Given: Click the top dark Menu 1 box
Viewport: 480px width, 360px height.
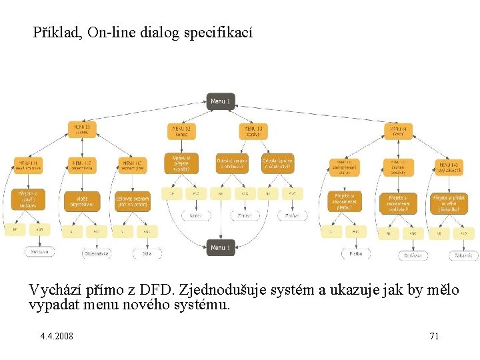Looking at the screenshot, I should [219, 101].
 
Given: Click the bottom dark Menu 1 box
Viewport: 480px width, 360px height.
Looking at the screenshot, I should [219, 247].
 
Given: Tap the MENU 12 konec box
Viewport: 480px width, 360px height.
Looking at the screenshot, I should [181, 130].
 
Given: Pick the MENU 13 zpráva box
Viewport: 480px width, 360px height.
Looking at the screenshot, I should [254, 130].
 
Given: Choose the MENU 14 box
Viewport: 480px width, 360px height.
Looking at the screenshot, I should [399, 130].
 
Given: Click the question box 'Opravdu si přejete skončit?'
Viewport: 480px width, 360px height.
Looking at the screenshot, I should [181, 163].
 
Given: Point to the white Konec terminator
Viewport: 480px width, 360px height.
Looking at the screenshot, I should [196, 216].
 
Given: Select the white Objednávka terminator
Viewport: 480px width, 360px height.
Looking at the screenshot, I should [97, 253].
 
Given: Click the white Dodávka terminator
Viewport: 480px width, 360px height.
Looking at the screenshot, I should [413, 255].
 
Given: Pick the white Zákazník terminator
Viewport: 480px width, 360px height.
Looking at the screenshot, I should [464, 255].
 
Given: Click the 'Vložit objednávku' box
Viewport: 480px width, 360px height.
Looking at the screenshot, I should [81, 199].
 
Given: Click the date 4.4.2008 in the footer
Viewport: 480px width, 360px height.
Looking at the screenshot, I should [57, 335].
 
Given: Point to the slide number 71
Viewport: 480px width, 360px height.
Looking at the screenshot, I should [433, 335].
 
